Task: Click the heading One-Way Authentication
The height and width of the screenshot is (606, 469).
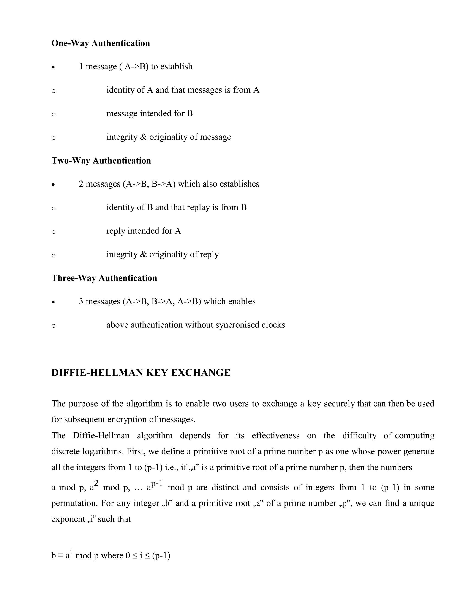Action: coord(101,43)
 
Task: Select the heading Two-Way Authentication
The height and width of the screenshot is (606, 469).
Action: coord(101,161)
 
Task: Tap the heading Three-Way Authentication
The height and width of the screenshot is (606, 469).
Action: coord(104,278)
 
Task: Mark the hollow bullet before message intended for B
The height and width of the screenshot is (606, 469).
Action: coord(54,115)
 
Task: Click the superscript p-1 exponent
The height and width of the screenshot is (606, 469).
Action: coord(156,483)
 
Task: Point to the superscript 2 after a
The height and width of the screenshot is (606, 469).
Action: coord(96,483)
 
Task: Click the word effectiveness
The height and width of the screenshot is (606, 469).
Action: coord(276,436)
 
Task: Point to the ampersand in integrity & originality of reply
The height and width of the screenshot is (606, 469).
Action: coord(143,255)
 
